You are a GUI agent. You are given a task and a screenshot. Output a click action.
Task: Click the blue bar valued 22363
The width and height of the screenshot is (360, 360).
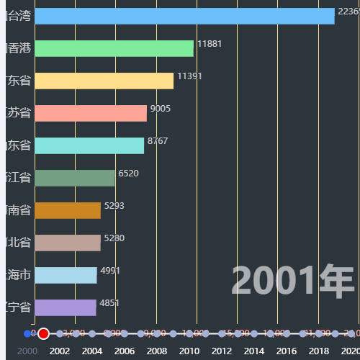pos(184,16)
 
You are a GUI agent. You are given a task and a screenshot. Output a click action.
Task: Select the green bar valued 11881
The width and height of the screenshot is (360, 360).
pos(114,48)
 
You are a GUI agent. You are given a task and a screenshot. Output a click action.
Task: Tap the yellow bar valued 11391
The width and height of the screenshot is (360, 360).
pos(104,81)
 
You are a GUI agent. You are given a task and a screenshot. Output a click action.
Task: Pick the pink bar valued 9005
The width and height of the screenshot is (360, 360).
pos(91,113)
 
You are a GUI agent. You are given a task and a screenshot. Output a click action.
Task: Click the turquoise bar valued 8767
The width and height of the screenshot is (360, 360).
pos(89,145)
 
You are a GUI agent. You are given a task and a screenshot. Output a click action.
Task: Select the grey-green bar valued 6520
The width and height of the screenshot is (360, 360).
pos(75,178)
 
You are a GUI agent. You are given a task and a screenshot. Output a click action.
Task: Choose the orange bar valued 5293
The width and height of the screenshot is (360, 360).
pos(68,210)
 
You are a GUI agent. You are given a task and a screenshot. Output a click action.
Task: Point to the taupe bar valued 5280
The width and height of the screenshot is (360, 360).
pos(68,243)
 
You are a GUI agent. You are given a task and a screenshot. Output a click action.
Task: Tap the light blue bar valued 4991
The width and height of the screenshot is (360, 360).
pos(66,275)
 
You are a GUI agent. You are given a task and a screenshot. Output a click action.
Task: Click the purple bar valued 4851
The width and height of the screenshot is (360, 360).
pos(65,307)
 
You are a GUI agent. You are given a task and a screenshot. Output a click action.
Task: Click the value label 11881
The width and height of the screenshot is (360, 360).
pos(210,44)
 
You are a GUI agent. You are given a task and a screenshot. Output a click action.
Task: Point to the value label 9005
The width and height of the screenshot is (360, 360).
pos(160,109)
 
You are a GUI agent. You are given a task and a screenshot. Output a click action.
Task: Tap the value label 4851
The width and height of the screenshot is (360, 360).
pos(109,303)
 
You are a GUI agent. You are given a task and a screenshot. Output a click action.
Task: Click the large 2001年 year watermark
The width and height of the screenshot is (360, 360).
pos(292,282)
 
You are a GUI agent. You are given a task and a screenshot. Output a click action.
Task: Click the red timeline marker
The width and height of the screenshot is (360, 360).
pos(43,333)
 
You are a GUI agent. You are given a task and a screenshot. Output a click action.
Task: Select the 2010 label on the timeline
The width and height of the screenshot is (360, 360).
pos(189,351)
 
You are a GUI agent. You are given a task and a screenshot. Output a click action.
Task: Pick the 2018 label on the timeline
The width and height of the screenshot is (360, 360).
pos(318,351)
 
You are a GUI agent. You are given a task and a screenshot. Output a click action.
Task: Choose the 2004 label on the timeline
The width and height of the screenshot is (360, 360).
pos(92,351)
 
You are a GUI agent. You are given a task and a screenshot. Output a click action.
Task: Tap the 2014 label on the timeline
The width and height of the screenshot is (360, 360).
pos(253,351)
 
